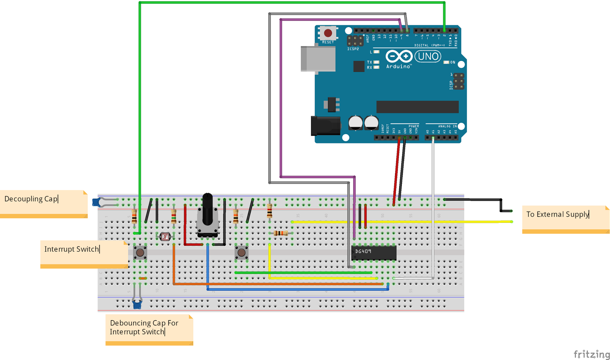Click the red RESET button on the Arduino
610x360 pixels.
[x=328, y=33]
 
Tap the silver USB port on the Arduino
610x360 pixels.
[x=318, y=59]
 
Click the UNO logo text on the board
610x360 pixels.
[x=428, y=57]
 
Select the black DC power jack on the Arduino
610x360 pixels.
[x=325, y=126]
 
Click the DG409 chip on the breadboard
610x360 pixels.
[x=374, y=253]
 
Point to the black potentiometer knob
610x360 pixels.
[x=207, y=210]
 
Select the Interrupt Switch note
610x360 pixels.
[x=84, y=253]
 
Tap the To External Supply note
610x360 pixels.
[x=565, y=219]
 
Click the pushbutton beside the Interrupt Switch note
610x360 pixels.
[x=140, y=253]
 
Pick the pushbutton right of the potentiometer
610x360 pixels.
[x=241, y=253]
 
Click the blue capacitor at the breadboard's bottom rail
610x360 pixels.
[x=137, y=304]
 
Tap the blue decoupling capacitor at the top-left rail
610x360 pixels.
[x=97, y=202]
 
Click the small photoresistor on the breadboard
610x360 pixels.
[x=165, y=237]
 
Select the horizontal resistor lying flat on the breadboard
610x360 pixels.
[x=281, y=233]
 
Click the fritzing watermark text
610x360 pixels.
[x=592, y=354]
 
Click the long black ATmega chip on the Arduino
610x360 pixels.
[x=417, y=107]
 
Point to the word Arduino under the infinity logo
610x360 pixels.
[x=398, y=67]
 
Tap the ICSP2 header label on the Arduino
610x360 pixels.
[x=353, y=49]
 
